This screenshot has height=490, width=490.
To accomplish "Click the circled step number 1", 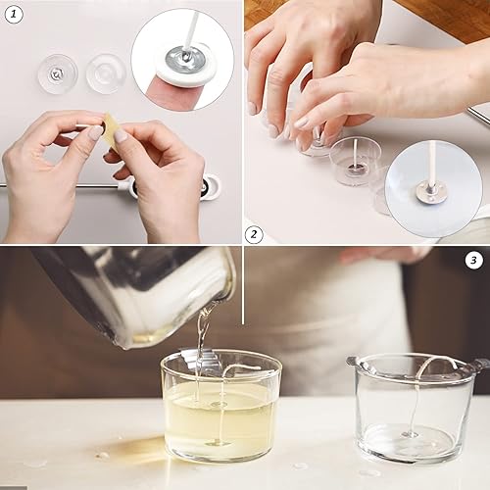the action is click(x=14, y=15).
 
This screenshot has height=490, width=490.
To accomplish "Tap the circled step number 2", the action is click(x=254, y=234).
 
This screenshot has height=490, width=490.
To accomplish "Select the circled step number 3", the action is click(x=473, y=260).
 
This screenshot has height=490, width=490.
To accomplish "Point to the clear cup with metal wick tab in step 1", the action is click(x=58, y=74).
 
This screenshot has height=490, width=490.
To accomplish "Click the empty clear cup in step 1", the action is click(x=106, y=73).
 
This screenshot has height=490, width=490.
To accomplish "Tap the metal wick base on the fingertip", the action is click(x=185, y=59).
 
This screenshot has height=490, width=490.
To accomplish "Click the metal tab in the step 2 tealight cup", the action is click(x=355, y=169).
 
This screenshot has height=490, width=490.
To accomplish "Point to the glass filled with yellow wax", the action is click(x=221, y=405).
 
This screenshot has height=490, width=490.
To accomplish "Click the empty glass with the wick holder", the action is click(x=415, y=409).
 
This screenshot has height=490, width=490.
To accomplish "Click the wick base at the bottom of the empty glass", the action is click(x=410, y=434).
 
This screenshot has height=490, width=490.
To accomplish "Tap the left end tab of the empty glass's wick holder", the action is click(x=352, y=362).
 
